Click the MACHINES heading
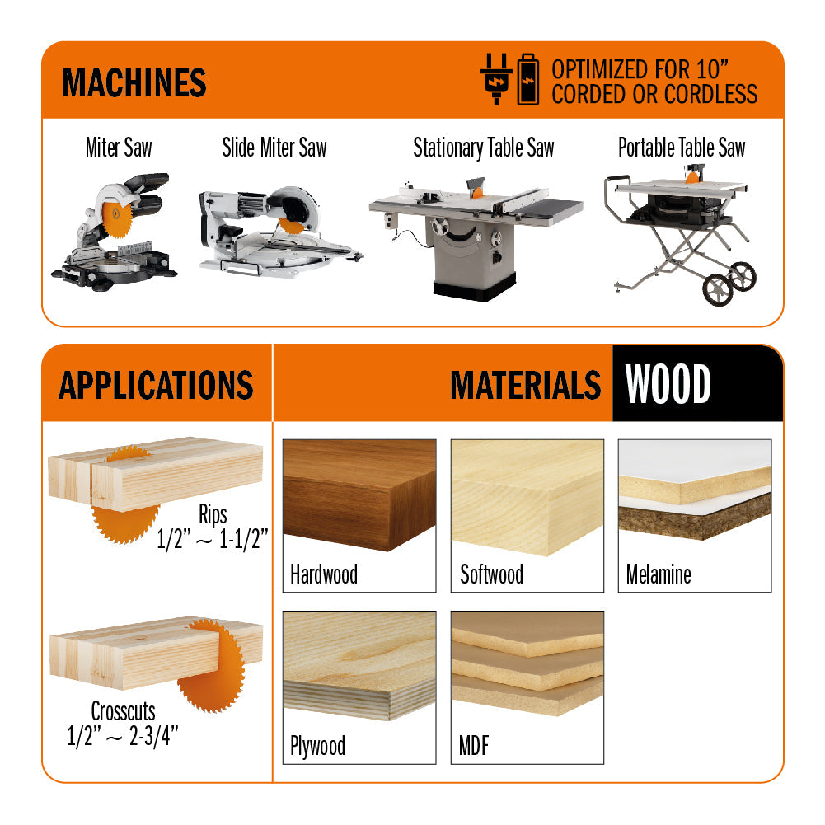point(134,82)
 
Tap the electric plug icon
point(496,79)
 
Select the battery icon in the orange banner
point(527,79)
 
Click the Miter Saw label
point(119,148)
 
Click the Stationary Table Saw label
point(483,148)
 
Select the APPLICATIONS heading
point(156,385)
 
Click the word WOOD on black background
point(668,385)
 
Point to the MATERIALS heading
point(525,385)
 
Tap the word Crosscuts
point(123,710)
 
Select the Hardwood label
point(323,574)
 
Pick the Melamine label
point(659,574)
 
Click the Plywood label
point(317,747)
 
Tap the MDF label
point(474,747)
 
